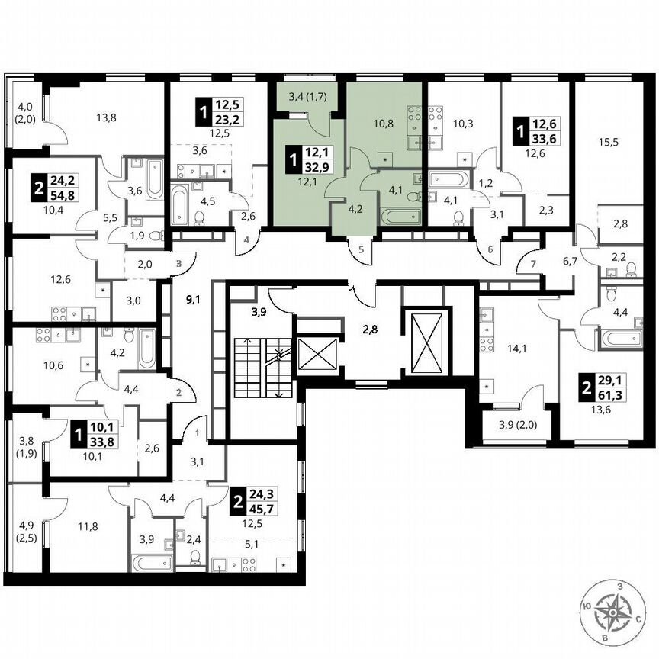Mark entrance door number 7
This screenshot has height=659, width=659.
[x=534, y=264]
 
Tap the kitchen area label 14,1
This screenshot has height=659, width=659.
[x=517, y=350]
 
